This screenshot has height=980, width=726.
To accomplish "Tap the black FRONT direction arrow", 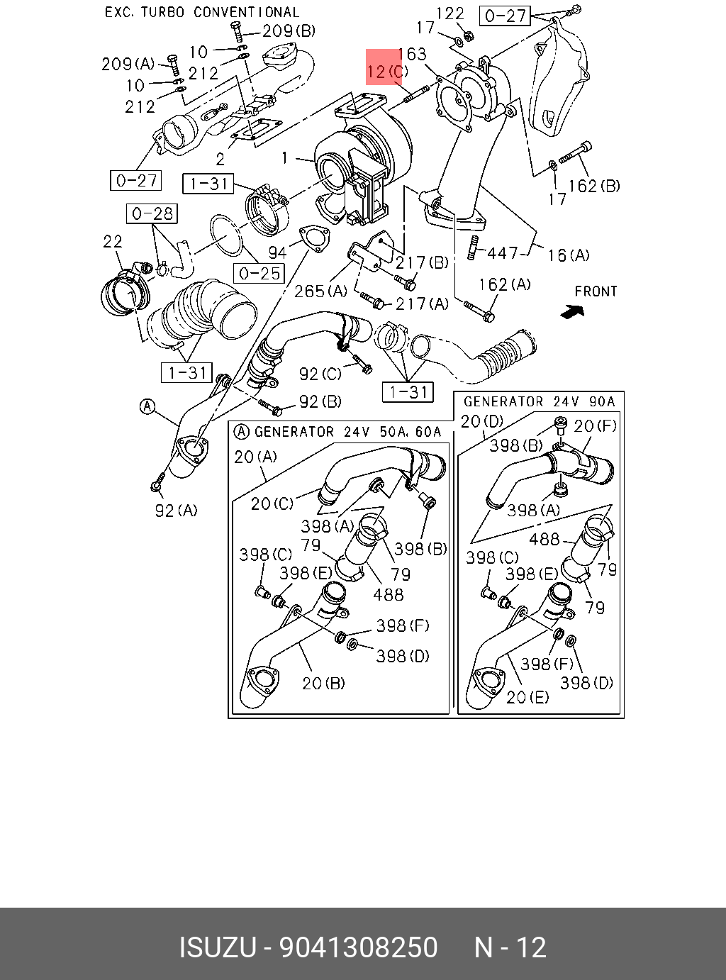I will tap(571, 311).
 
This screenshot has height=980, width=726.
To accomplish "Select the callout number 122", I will tap(449, 13).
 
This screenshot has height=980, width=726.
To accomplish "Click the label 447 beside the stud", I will tap(503, 252).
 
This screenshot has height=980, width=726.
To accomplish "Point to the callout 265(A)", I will tap(320, 291).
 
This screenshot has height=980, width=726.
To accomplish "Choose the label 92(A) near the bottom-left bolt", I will tap(176, 510).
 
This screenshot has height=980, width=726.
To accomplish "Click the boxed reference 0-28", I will tap(152, 213).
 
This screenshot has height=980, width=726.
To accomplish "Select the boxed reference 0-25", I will tap(260, 273).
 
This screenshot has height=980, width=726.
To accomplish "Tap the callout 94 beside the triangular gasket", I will tap(277, 252).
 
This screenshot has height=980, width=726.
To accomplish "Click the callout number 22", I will tap(113, 242).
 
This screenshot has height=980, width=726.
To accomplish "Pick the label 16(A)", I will tap(567, 255).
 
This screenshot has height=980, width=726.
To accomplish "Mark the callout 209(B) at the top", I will tap(289, 30).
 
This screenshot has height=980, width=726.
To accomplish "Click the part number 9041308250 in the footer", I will tap(359, 947).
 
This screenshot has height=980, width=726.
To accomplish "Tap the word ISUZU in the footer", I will tap(216, 947).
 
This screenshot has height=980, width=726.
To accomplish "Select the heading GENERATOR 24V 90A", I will tap(539, 401).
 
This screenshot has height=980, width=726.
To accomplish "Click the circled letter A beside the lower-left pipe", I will tap(147, 406).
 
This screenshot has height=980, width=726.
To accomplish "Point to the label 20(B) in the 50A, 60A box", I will tap(323, 683).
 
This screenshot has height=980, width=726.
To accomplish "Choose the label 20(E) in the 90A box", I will tap(527, 697).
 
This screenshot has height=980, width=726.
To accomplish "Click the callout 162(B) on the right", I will tap(593, 186).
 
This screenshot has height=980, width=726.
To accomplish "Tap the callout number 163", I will tap(412, 54).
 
